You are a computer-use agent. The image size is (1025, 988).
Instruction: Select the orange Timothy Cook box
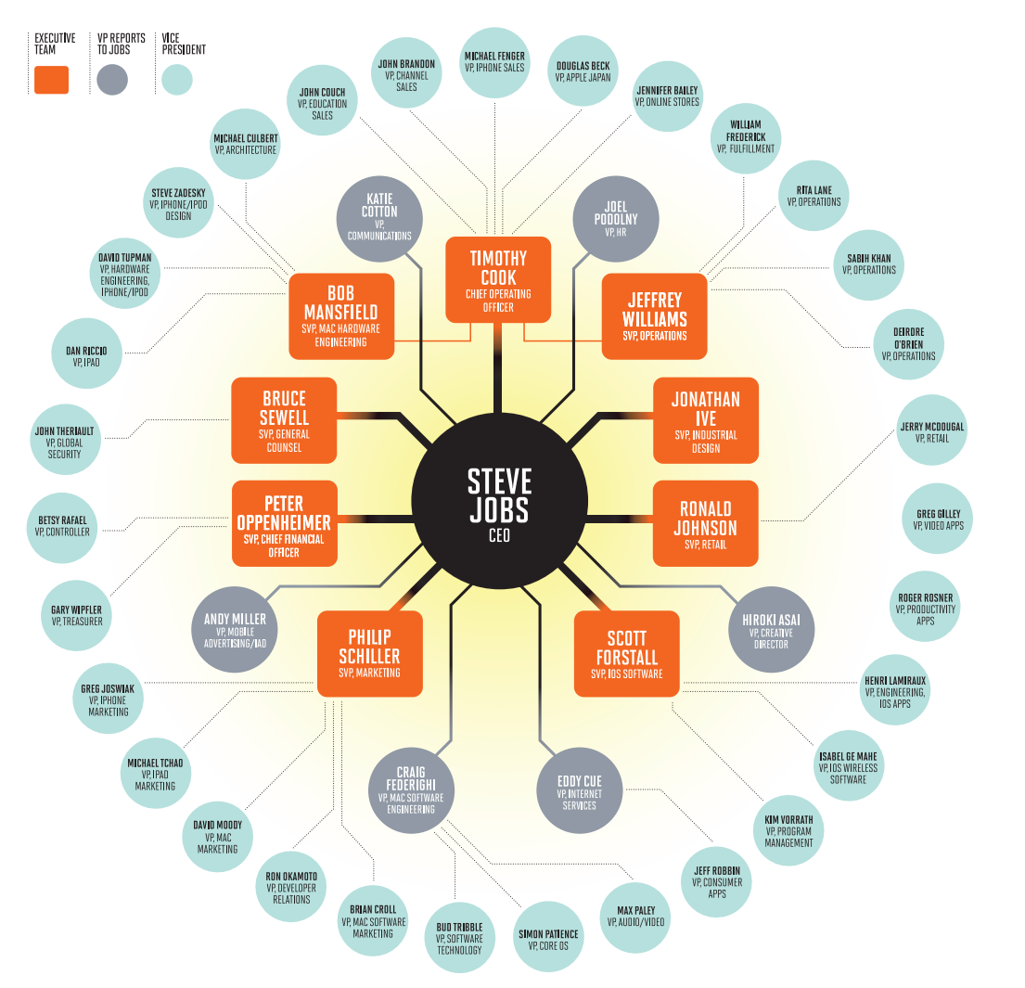[498, 279]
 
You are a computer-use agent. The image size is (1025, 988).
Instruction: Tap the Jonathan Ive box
[706, 419]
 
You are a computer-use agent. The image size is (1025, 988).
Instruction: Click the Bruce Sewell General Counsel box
[284, 419]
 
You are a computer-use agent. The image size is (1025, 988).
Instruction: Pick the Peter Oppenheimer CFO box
[284, 523]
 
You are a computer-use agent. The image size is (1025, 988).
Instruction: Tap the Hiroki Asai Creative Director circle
[771, 628]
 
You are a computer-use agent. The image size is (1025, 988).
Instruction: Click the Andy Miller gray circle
[235, 628]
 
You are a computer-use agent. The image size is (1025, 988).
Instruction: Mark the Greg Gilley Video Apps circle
[939, 520]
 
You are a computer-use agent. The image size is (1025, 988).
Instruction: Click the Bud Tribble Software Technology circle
[459, 937]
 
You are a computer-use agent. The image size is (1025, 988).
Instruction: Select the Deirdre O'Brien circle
[908, 343]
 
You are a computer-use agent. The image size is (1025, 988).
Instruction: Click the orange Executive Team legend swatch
[51, 80]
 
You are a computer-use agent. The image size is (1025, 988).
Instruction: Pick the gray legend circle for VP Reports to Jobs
[111, 80]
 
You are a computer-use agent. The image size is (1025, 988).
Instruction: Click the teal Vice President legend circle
[176, 80]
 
